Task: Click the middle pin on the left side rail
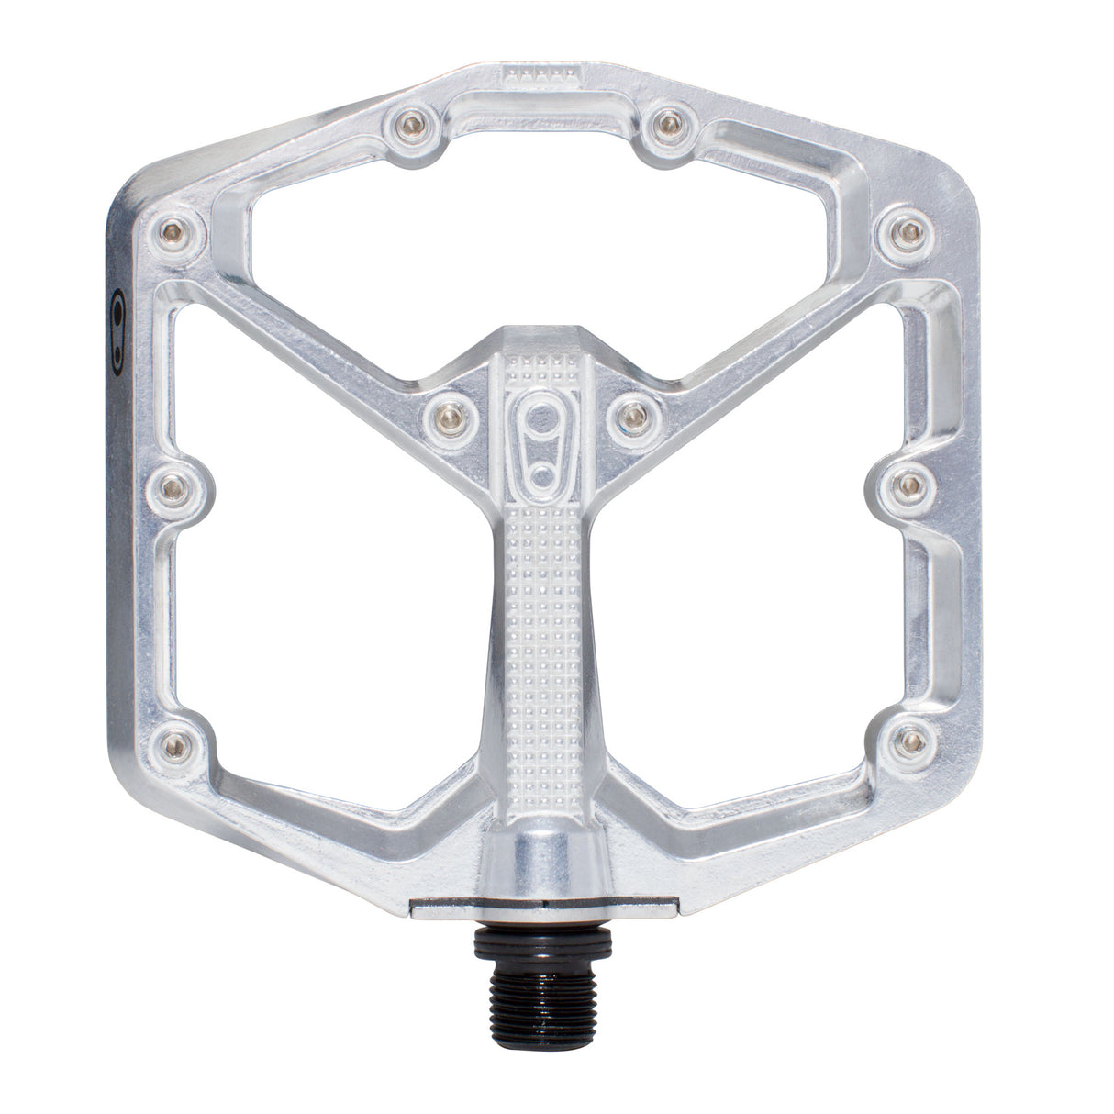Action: [x=173, y=487]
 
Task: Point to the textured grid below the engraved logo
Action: [x=542, y=642]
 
